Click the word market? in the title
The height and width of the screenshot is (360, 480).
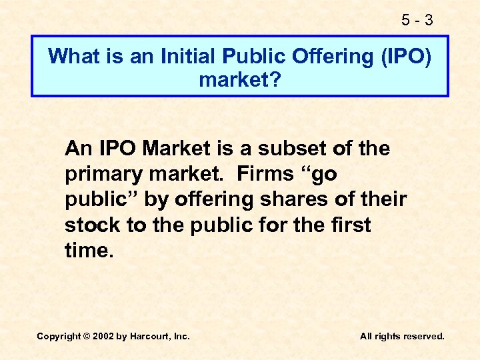pyautogui.click(x=240, y=81)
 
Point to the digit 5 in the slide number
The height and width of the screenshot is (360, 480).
pyautogui.click(x=406, y=21)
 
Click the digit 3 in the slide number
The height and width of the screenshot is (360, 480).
pyautogui.click(x=428, y=21)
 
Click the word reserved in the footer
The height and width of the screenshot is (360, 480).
pyautogui.click(x=422, y=337)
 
